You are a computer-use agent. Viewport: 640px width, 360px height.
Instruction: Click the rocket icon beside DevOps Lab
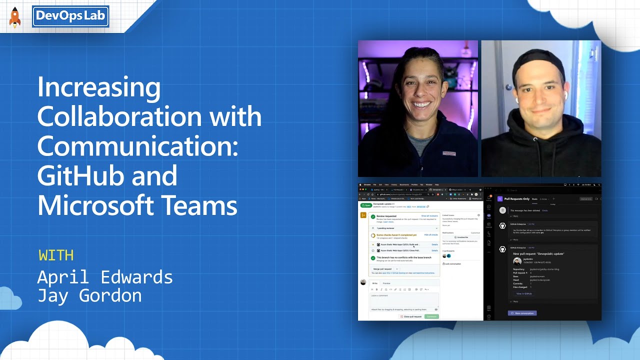point(15,17)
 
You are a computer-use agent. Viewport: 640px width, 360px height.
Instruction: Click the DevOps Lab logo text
point(70,16)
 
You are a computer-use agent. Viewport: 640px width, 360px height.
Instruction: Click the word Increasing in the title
point(98,87)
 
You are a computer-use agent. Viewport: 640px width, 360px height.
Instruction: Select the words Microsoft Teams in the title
point(137,205)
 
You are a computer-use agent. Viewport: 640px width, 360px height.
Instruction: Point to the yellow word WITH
point(56,255)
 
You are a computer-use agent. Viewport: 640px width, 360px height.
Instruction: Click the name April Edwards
point(105,277)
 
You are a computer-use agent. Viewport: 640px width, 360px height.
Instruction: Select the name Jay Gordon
point(89,295)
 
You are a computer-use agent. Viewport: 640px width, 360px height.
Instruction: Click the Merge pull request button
point(383,269)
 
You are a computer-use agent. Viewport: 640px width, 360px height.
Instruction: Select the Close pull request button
point(411,316)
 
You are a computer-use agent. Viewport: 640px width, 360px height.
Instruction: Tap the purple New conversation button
point(522,313)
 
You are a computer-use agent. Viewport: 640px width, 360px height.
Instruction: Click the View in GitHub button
point(524,293)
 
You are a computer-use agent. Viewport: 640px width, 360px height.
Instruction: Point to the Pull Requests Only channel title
point(516,199)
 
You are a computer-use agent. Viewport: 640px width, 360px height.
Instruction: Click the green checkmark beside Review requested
point(373,216)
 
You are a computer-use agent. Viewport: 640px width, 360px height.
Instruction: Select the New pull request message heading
point(538,253)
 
